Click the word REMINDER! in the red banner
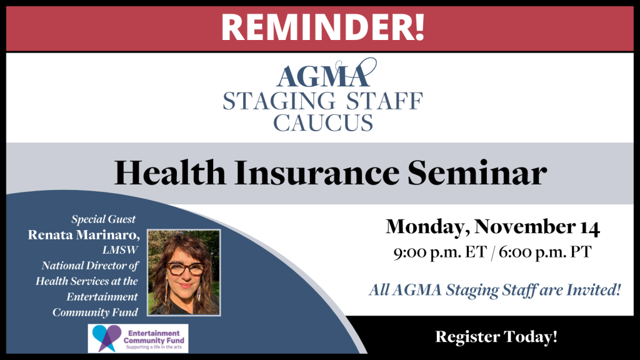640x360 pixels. pyautogui.click(x=323, y=27)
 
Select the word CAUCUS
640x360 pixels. pyautogui.click(x=323, y=122)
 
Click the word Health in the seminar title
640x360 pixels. pyautogui.click(x=170, y=172)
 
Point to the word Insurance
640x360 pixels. pyautogui.click(x=316, y=172)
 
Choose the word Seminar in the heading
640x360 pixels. pyautogui.click(x=477, y=172)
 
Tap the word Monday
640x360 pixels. pyautogui.click(x=424, y=227)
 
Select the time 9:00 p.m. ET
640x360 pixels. pyautogui.click(x=440, y=252)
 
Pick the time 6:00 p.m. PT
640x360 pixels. pyautogui.click(x=545, y=252)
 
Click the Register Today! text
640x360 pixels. pyautogui.click(x=496, y=337)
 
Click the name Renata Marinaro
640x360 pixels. pyautogui.click(x=84, y=235)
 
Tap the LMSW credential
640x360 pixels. pyautogui.click(x=120, y=250)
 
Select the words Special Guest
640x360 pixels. pyautogui.click(x=103, y=219)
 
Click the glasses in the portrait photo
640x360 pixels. pyautogui.click(x=185, y=269)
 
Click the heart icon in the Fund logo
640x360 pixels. pyautogui.click(x=106, y=338)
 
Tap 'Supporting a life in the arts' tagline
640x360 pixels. pyautogui.click(x=154, y=347)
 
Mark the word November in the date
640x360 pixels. pyautogui.click(x=522, y=227)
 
